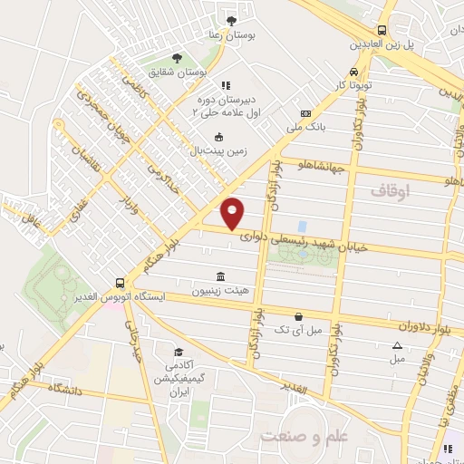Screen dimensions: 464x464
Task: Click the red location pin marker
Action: (233, 212)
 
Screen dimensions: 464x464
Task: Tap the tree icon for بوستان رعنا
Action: (233, 20)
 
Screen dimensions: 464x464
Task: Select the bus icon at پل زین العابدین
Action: (382, 30)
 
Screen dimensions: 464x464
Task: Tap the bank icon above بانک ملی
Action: (305, 113)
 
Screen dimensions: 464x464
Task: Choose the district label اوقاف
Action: (391, 191)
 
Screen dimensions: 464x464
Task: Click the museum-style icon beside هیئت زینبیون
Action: (220, 276)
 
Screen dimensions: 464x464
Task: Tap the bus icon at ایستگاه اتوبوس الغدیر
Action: (121, 283)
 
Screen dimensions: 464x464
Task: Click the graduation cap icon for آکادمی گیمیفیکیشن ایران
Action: (179, 352)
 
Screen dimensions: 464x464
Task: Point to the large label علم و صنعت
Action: (304, 437)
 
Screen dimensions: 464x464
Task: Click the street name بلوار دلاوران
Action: (427, 324)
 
